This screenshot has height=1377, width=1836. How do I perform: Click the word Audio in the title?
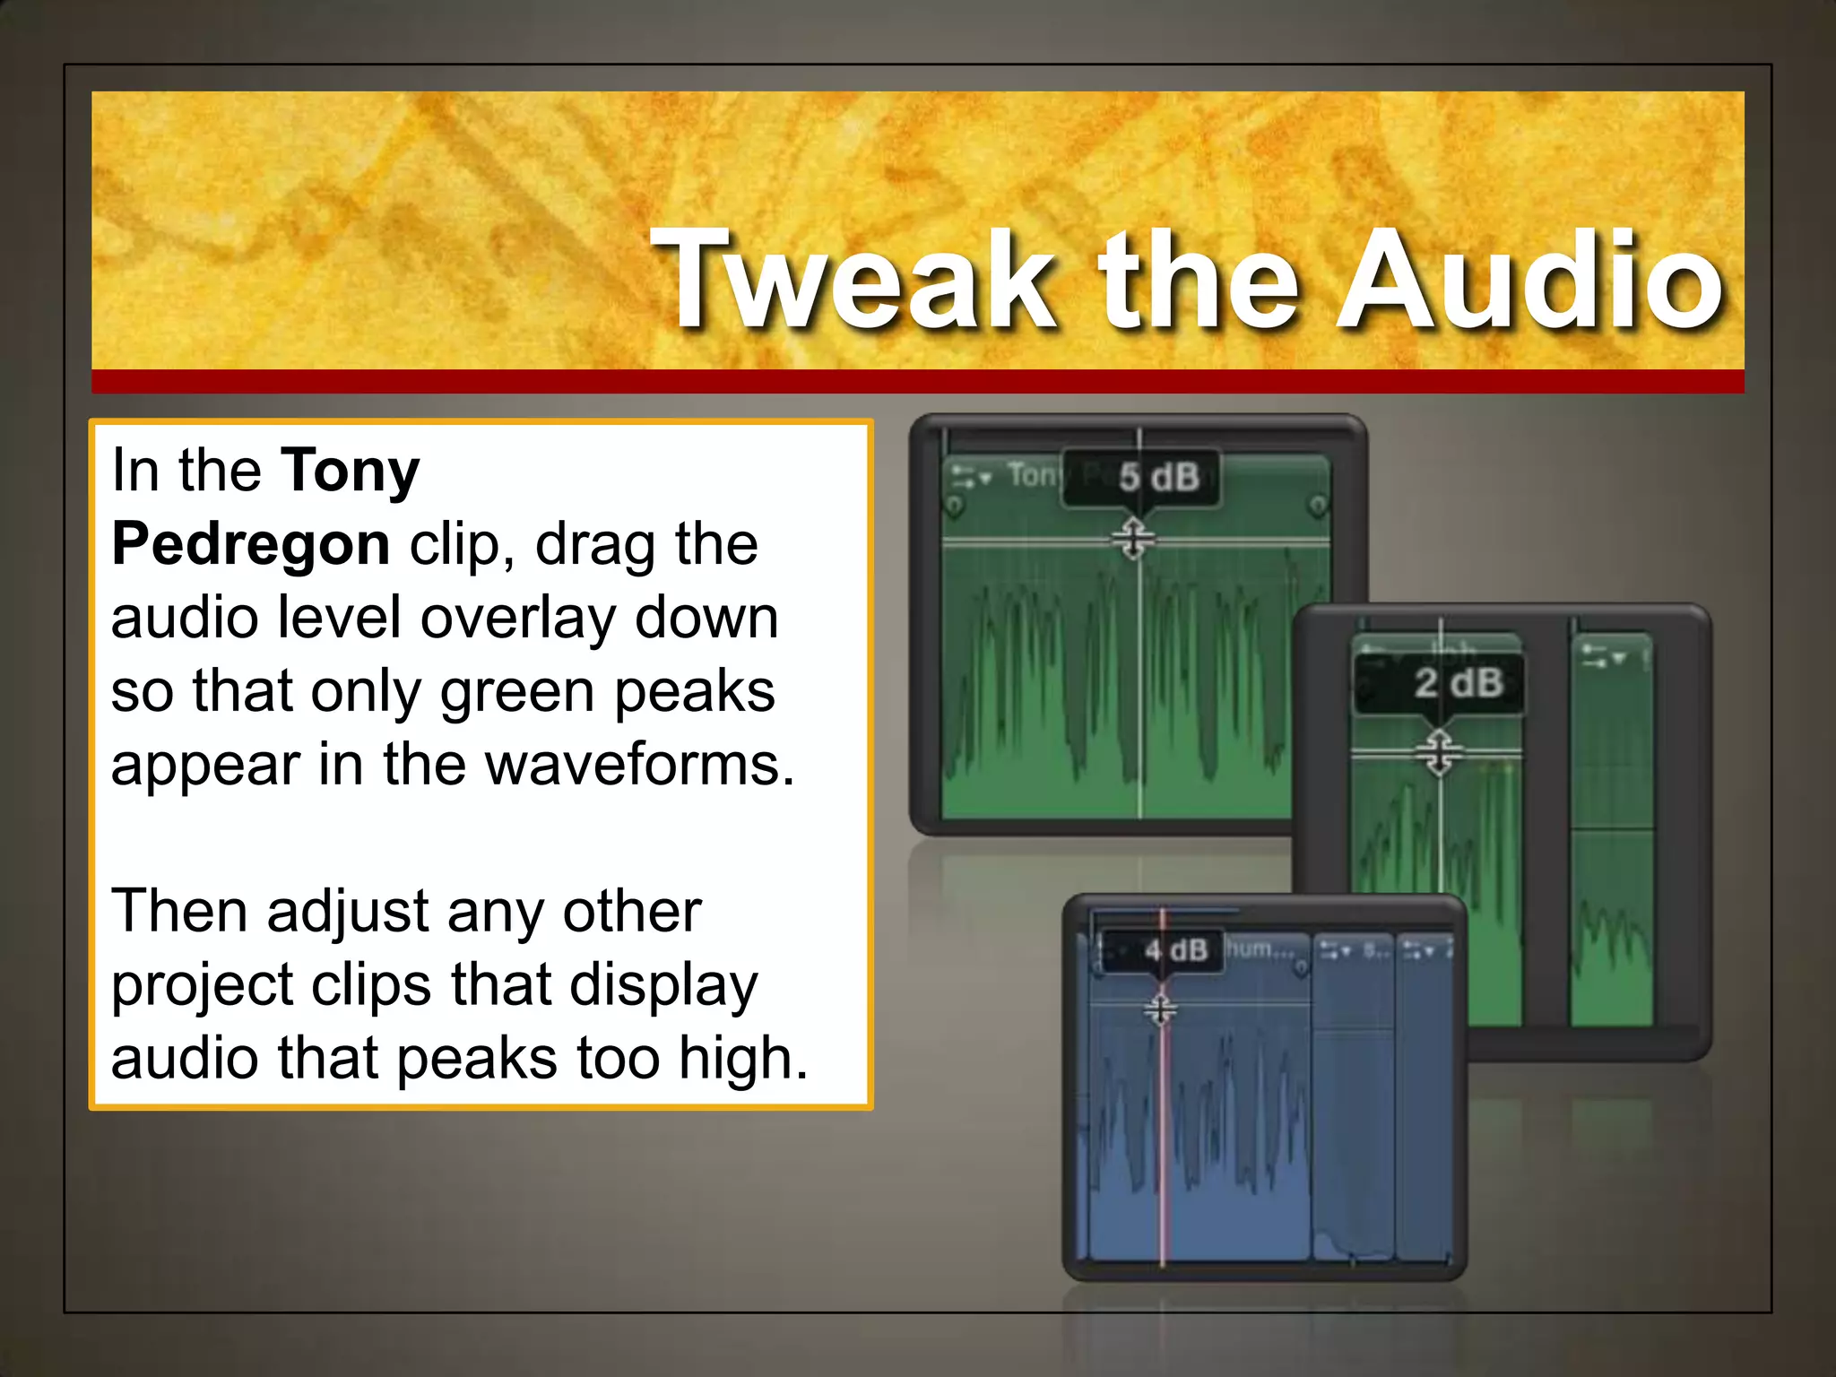pyautogui.click(x=1529, y=280)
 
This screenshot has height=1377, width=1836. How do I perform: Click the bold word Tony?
pyautogui.click(x=350, y=471)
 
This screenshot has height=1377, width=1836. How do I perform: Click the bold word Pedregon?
pyautogui.click(x=250, y=544)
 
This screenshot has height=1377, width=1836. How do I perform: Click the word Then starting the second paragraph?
pyautogui.click(x=178, y=912)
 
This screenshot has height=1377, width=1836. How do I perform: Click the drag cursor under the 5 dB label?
pyautogui.click(x=1133, y=539)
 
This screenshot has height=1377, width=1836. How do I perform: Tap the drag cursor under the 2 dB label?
pyautogui.click(x=1440, y=752)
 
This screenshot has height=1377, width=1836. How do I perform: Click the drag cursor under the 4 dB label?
pyautogui.click(x=1160, y=1010)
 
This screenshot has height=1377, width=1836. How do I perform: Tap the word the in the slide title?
pyautogui.click(x=1198, y=280)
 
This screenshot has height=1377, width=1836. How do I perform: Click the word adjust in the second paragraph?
pyautogui.click(x=347, y=912)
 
